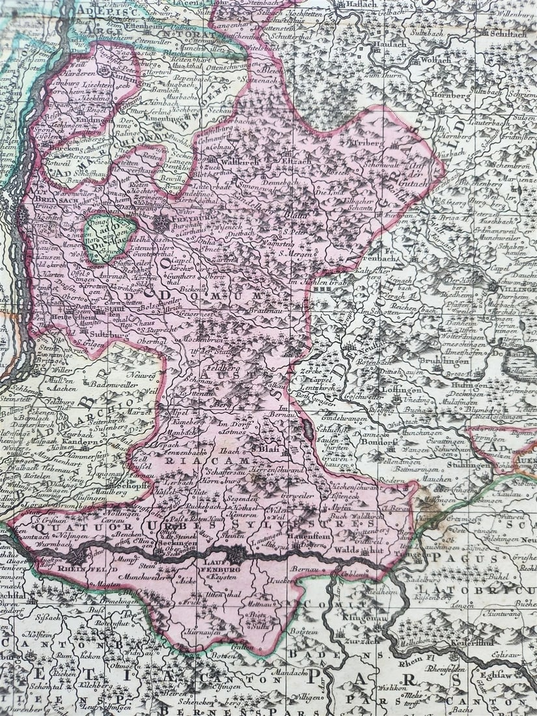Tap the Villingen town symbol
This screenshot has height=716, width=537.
pyautogui.click(x=493, y=286)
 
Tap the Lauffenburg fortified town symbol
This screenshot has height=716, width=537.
pyautogui.click(x=236, y=554)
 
